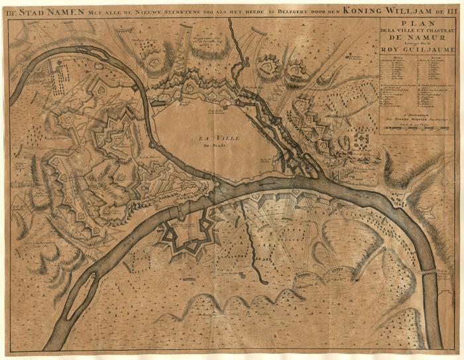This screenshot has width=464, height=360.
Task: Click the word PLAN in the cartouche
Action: coord(418,23)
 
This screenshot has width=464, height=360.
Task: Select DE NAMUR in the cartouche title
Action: coord(418,38)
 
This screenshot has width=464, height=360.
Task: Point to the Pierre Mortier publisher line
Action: coord(418,117)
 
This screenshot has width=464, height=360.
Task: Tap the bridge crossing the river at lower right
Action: coord(430,272)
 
